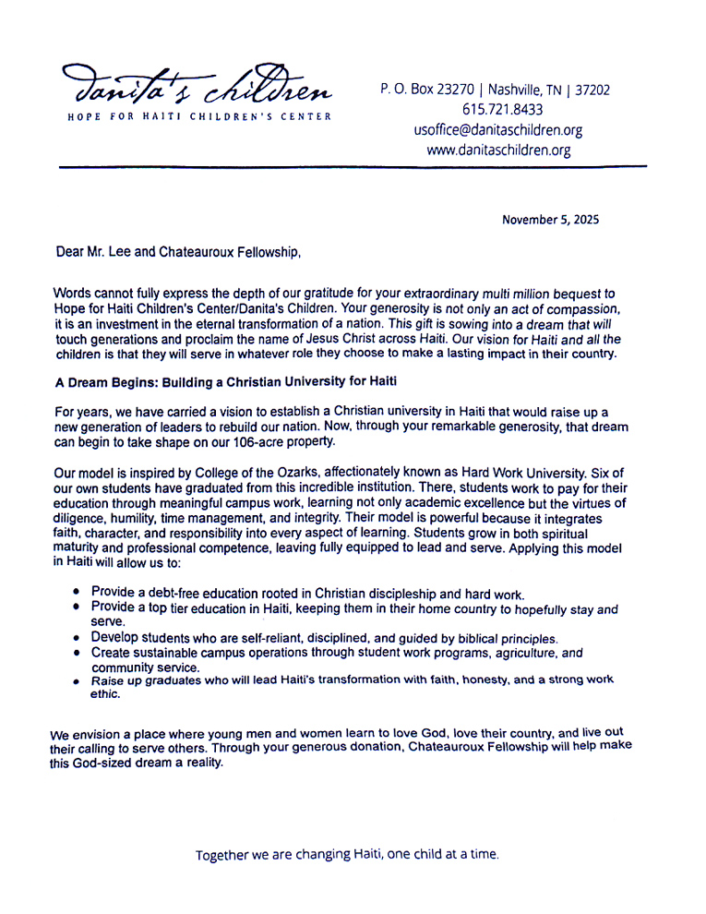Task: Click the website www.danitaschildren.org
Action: (x=498, y=150)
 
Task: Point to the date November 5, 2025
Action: (x=550, y=220)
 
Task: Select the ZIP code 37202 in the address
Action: (x=592, y=90)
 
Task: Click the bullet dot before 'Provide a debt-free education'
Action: (x=77, y=591)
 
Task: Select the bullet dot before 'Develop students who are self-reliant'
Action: (x=77, y=638)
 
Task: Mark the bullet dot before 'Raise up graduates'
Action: (x=77, y=682)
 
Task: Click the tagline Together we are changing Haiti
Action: (x=347, y=855)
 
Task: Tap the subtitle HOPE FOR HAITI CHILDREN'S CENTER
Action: (x=199, y=117)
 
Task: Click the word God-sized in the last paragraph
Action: (x=110, y=763)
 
